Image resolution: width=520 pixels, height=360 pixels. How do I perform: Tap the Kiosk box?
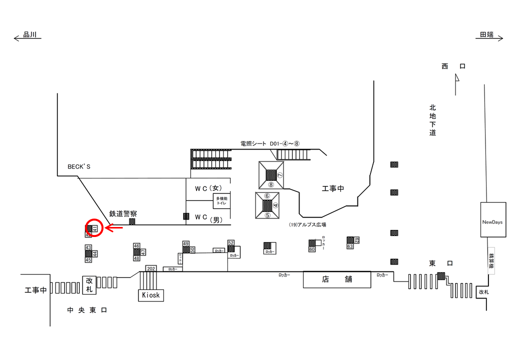pos(151,295)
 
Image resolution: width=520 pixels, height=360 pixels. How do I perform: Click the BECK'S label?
pos(79,166)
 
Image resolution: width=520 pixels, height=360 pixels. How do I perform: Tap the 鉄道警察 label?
pos(123,213)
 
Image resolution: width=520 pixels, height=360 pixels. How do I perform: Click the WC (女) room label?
pos(208,188)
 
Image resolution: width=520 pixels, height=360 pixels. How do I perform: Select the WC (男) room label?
pos(208,217)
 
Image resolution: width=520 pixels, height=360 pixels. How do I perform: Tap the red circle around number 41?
pos(94,228)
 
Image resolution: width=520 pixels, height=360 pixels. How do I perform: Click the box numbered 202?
pos(151,268)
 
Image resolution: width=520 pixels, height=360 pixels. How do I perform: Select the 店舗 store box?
pos(337,279)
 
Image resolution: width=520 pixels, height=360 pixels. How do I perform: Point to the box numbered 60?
pos(311,249)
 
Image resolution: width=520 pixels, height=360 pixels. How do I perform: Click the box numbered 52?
pos(231,242)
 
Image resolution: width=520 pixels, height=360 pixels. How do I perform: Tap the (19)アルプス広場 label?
pos(307,225)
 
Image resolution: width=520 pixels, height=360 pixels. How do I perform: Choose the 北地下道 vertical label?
pos(432,120)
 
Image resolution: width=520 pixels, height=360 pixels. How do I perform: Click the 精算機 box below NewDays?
pos(491,259)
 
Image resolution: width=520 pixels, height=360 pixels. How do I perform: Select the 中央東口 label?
pos(87,310)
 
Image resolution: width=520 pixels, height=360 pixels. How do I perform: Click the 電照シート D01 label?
pos(269,143)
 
